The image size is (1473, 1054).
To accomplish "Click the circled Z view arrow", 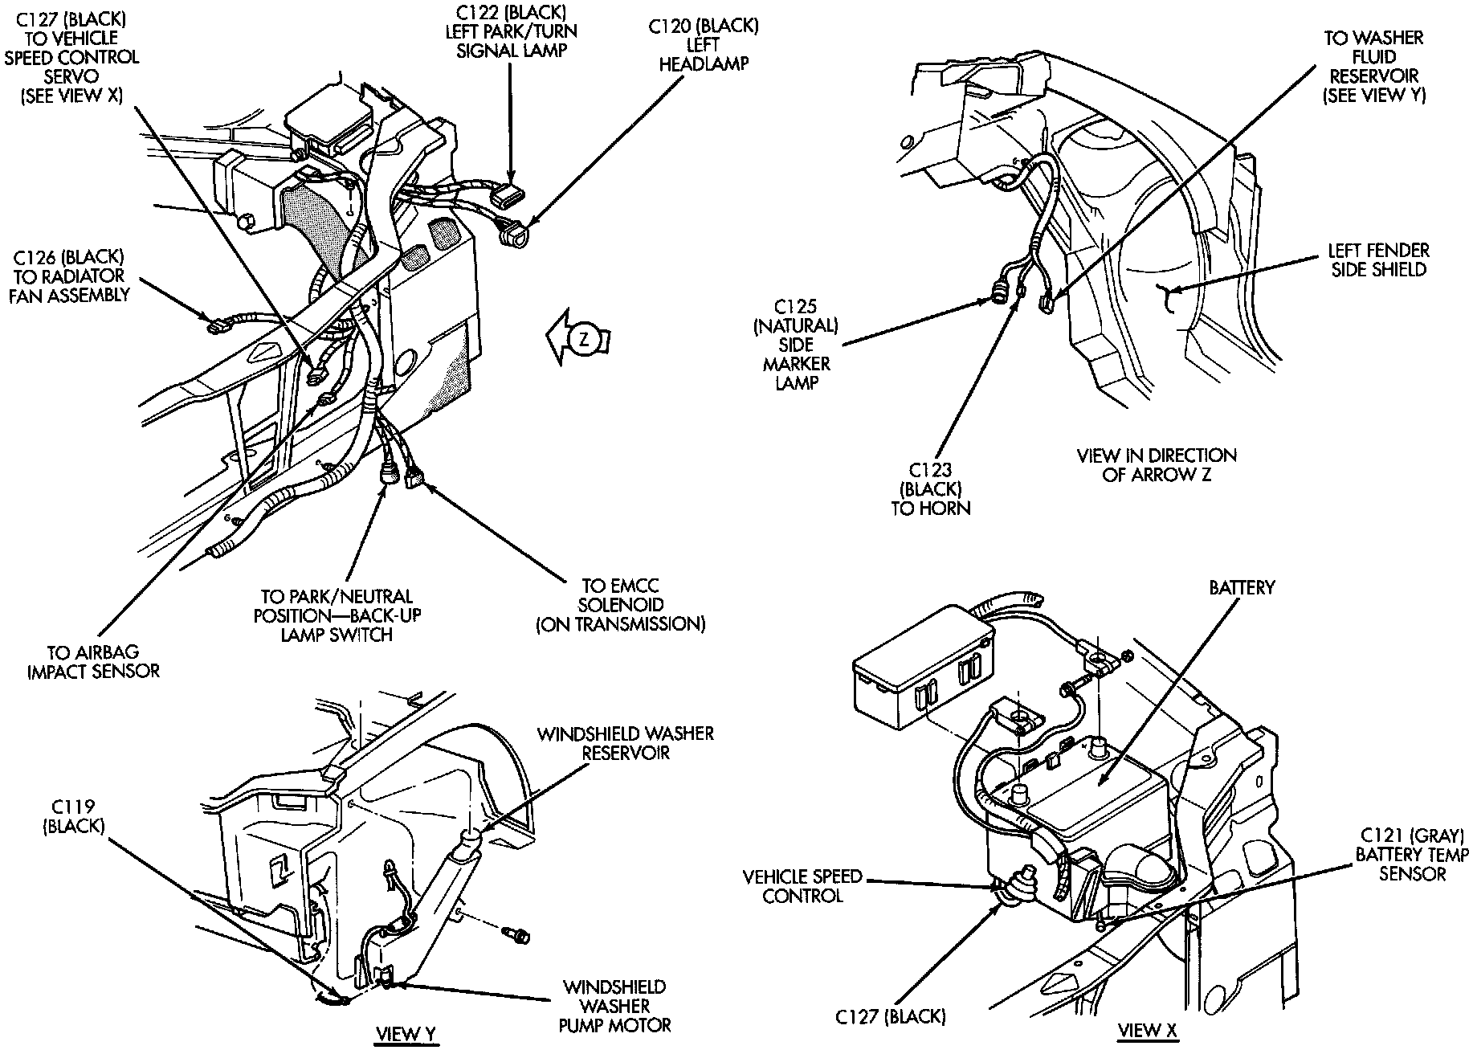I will (584, 340).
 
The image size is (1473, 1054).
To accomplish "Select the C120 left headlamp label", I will (704, 45).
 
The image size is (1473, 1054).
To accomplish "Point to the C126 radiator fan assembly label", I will (71, 276).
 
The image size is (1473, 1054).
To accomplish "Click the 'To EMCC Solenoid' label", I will (622, 605).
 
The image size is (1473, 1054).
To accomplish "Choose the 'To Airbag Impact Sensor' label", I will (93, 661).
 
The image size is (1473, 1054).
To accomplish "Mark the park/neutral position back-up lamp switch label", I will (337, 615).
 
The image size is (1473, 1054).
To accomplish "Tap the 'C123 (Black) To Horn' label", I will (931, 488).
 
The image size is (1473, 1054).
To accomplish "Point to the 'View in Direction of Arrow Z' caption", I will (1156, 465).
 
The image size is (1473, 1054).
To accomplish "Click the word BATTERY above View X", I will (1242, 588).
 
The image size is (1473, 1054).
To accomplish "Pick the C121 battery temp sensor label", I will (1412, 855).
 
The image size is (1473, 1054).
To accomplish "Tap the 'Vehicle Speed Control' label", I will (802, 886).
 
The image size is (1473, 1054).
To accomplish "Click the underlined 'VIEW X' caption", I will (1149, 1031).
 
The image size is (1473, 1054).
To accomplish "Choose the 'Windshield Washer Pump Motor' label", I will (616, 1006).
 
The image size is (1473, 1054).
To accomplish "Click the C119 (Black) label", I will (73, 816).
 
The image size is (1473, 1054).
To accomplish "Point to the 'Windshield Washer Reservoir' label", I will (626, 743).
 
